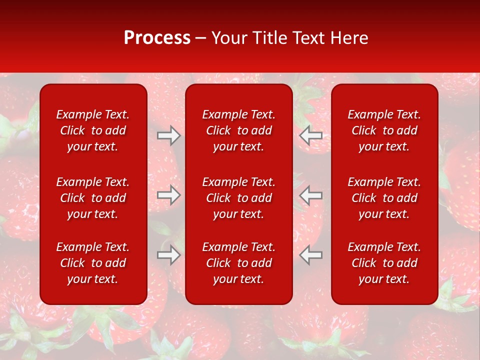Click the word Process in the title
[157, 38]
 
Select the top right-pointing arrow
[169, 135]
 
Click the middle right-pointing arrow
[169, 195]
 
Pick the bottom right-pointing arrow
[169, 255]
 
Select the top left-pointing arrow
[310, 135]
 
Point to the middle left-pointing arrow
[310, 195]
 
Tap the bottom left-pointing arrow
[310, 255]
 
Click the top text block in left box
[93, 130]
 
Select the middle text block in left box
[93, 198]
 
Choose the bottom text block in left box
[93, 263]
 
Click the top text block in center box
[239, 130]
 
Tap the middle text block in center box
[239, 198]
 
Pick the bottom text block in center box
[239, 263]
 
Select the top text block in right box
[384, 130]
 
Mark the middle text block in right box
[384, 198]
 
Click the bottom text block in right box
[384, 263]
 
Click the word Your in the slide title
[229, 38]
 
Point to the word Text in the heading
[308, 38]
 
